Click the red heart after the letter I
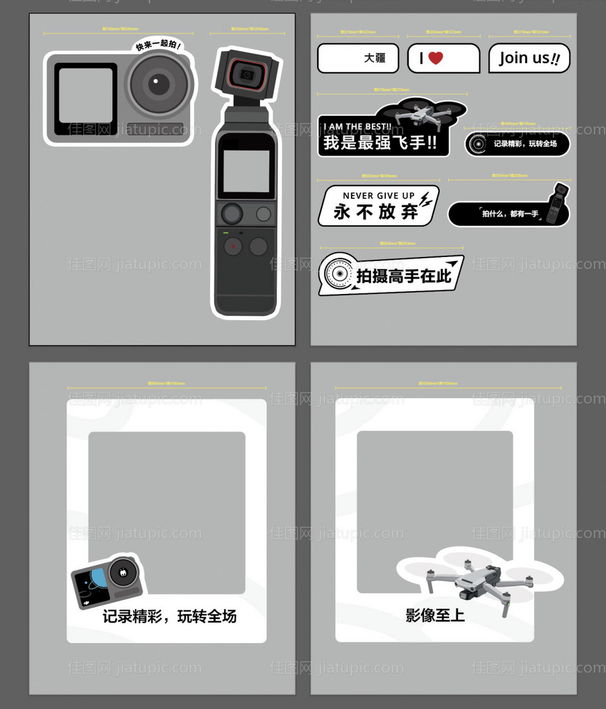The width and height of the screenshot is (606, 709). pyautogui.click(x=436, y=59)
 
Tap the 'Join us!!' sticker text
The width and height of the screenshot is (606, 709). pyautogui.click(x=529, y=59)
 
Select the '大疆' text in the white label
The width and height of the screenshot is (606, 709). pyautogui.click(x=375, y=59)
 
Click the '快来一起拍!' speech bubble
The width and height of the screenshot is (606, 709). pyautogui.click(x=158, y=45)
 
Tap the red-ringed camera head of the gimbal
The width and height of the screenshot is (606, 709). pyautogui.click(x=246, y=73)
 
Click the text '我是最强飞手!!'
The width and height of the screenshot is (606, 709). pyautogui.click(x=379, y=143)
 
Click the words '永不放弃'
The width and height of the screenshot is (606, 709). pyautogui.click(x=376, y=212)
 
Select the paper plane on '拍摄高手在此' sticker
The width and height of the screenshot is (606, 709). pyautogui.click(x=452, y=264)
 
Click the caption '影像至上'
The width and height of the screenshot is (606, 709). pyautogui.click(x=435, y=615)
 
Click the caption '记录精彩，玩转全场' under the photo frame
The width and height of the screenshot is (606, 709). pyautogui.click(x=169, y=616)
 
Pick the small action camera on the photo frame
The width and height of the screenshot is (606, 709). pyautogui.click(x=108, y=581)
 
